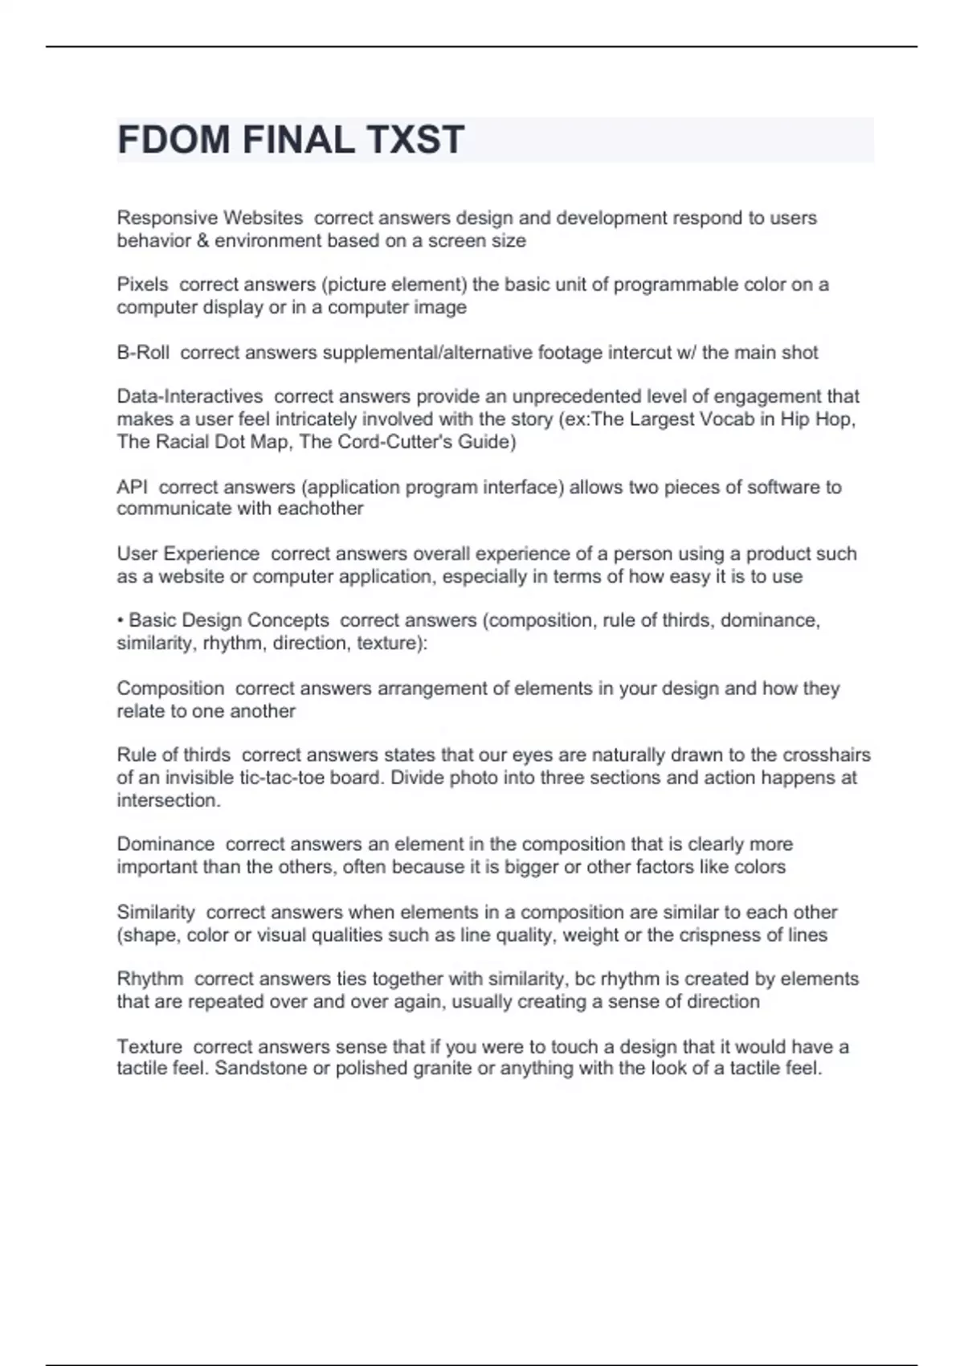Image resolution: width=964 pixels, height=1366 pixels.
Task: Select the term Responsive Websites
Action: point(210,218)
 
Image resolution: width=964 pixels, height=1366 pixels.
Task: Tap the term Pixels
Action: point(142,284)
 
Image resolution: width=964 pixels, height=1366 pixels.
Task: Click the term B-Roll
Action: point(143,352)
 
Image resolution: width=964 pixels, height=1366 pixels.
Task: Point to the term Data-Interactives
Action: point(190,396)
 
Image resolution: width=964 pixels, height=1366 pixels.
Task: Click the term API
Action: point(132,487)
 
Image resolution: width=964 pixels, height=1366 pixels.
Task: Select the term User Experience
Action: point(188,554)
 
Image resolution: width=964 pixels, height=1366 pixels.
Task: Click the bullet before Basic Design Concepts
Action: point(120,621)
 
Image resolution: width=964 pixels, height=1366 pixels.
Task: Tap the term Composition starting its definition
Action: point(170,689)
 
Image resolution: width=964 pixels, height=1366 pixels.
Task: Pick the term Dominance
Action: point(165,845)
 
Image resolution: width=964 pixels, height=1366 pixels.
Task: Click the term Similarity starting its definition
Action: point(156,912)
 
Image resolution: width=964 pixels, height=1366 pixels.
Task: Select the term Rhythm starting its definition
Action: point(149,979)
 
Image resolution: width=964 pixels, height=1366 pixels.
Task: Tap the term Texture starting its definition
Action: point(149,1046)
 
